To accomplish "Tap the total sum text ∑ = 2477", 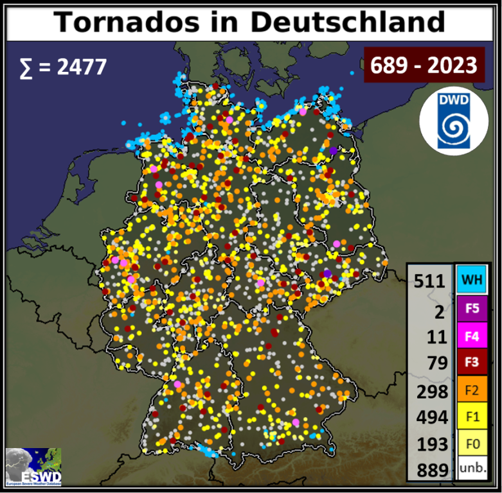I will [62, 66].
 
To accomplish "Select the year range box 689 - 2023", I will [424, 65].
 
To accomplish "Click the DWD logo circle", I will [453, 121].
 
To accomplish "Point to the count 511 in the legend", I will [430, 281].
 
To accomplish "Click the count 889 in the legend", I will [430, 470].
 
